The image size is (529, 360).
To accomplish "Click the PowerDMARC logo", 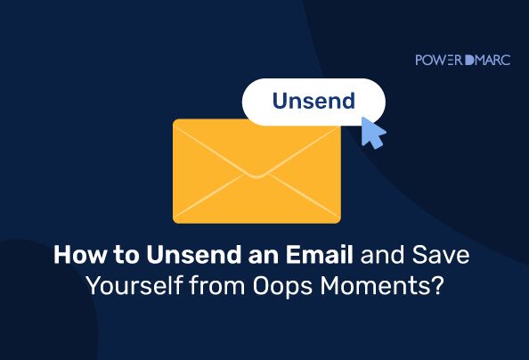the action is click(462, 60).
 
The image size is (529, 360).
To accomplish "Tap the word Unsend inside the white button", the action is click(313, 101).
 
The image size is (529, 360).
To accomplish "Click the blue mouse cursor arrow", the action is click(373, 133).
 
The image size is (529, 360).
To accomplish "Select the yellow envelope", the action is click(256, 171).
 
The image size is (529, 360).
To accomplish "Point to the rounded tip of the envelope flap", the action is click(256, 176).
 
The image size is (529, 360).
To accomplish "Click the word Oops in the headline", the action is click(282, 286).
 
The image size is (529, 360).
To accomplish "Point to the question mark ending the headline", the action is click(435, 286).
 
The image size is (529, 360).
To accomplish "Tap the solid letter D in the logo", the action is click(469, 60).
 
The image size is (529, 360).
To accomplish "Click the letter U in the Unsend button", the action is click(280, 101).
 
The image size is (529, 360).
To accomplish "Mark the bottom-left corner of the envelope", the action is click(174, 223).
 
